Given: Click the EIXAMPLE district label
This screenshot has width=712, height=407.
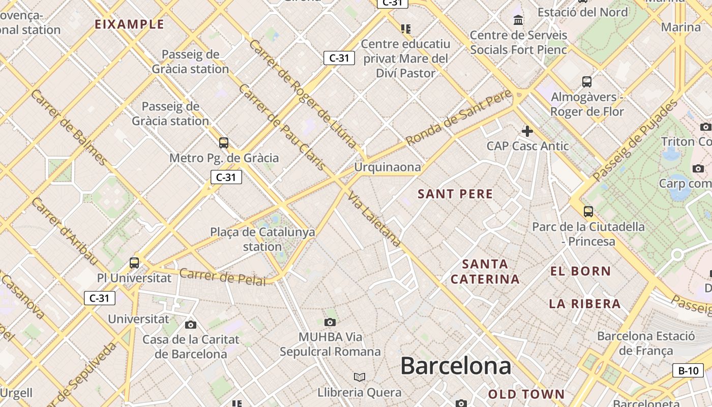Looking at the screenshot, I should [130, 24].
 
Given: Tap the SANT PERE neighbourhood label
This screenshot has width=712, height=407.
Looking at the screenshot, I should [455, 194].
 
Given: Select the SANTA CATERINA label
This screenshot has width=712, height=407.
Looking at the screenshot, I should [485, 271].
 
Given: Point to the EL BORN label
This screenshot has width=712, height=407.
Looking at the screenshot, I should [580, 271].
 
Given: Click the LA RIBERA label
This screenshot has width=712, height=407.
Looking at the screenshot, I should [585, 304].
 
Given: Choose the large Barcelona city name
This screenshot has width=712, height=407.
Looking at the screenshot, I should [456, 366].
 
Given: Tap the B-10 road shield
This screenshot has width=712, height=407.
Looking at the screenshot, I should [689, 370].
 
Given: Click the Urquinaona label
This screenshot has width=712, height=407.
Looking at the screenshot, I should [388, 167].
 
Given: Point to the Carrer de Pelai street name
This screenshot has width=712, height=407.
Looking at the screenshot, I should [223, 277].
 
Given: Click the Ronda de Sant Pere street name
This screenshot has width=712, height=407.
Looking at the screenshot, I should [459, 118].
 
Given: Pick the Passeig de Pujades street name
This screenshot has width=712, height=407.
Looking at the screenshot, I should [636, 140].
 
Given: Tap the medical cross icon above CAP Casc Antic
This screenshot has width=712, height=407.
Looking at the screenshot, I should [527, 131].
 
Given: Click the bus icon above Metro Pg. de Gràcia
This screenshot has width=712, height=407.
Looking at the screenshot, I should [223, 142].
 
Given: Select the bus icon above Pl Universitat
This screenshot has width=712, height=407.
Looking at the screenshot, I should [134, 263].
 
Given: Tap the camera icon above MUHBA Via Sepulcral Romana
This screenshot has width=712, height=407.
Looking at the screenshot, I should [330, 322].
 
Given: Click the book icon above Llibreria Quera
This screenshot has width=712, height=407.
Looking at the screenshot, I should [360, 377].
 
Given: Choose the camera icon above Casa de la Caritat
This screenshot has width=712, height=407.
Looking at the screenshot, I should [191, 325].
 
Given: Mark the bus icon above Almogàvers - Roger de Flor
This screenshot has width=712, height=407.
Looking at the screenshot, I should [587, 81].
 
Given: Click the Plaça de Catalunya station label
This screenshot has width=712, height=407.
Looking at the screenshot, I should [262, 239].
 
